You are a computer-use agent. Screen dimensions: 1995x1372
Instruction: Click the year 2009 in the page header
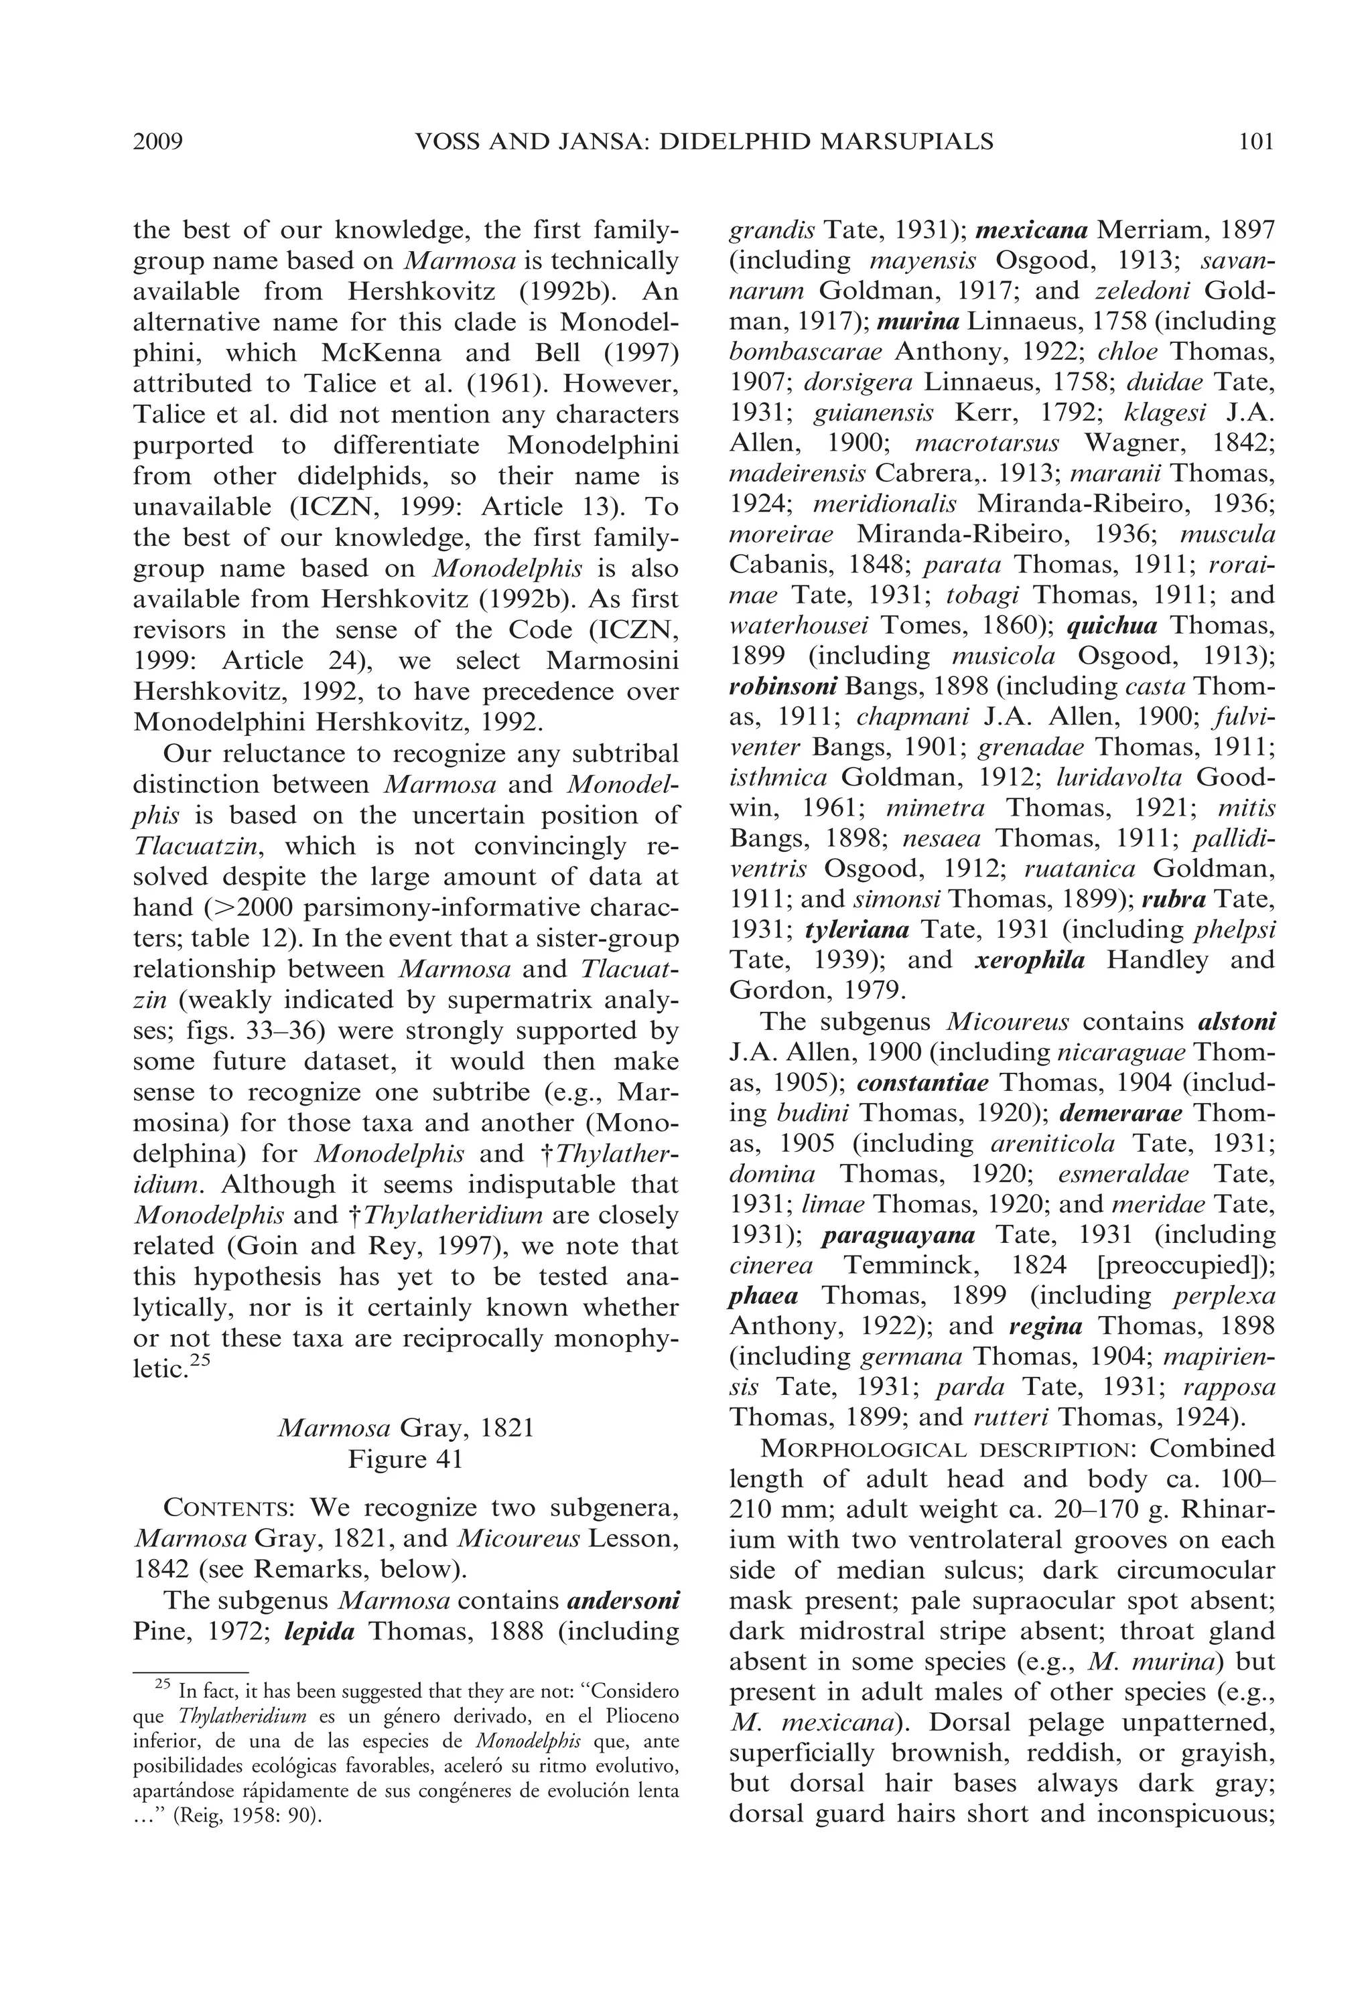click(158, 141)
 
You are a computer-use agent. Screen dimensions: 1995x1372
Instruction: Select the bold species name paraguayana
click(898, 1235)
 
